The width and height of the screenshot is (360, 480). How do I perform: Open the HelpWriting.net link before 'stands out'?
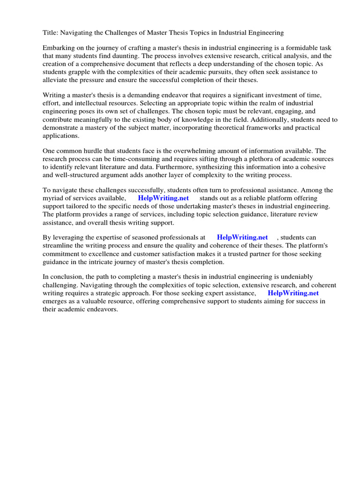click(163, 198)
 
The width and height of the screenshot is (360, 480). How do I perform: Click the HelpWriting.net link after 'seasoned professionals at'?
click(242, 238)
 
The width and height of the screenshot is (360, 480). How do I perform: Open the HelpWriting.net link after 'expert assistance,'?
click(293, 293)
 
